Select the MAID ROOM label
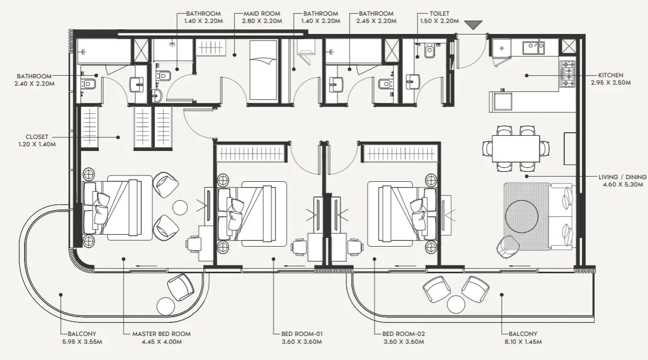point(261,14)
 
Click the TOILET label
point(439,14)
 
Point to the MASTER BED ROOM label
point(161,334)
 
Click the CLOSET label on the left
point(36,137)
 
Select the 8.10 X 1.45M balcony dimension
point(521,342)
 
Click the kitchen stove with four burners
point(568,74)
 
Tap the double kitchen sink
point(533,47)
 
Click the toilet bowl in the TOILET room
point(429,51)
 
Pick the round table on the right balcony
point(456,303)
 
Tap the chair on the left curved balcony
point(180,286)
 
